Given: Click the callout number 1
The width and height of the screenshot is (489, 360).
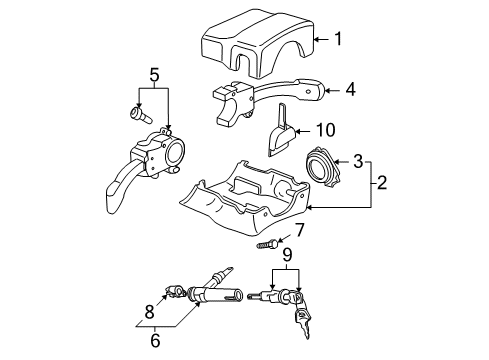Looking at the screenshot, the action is [338, 39].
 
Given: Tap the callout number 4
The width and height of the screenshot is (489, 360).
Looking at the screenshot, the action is [350, 90].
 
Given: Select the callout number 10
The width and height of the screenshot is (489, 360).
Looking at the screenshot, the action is [325, 130].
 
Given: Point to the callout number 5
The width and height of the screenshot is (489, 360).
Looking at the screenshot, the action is [154, 75].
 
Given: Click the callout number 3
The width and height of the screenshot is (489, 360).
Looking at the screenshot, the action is [358, 161].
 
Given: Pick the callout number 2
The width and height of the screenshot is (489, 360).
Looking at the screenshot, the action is [382, 182].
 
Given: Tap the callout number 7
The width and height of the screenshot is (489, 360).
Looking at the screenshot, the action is [299, 230].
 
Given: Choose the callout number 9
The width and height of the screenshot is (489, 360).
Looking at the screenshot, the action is [287, 255].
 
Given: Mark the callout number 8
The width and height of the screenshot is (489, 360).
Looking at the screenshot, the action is [149, 312].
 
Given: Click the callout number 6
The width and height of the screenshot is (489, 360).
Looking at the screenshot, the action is [155, 340].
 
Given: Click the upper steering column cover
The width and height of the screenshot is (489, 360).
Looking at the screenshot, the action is [257, 43].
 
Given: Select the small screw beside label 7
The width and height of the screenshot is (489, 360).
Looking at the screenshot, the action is [267, 244].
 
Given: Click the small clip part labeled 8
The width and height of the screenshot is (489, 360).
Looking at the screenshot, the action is [175, 292].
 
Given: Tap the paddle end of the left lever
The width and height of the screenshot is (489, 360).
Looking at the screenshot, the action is [115, 198].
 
